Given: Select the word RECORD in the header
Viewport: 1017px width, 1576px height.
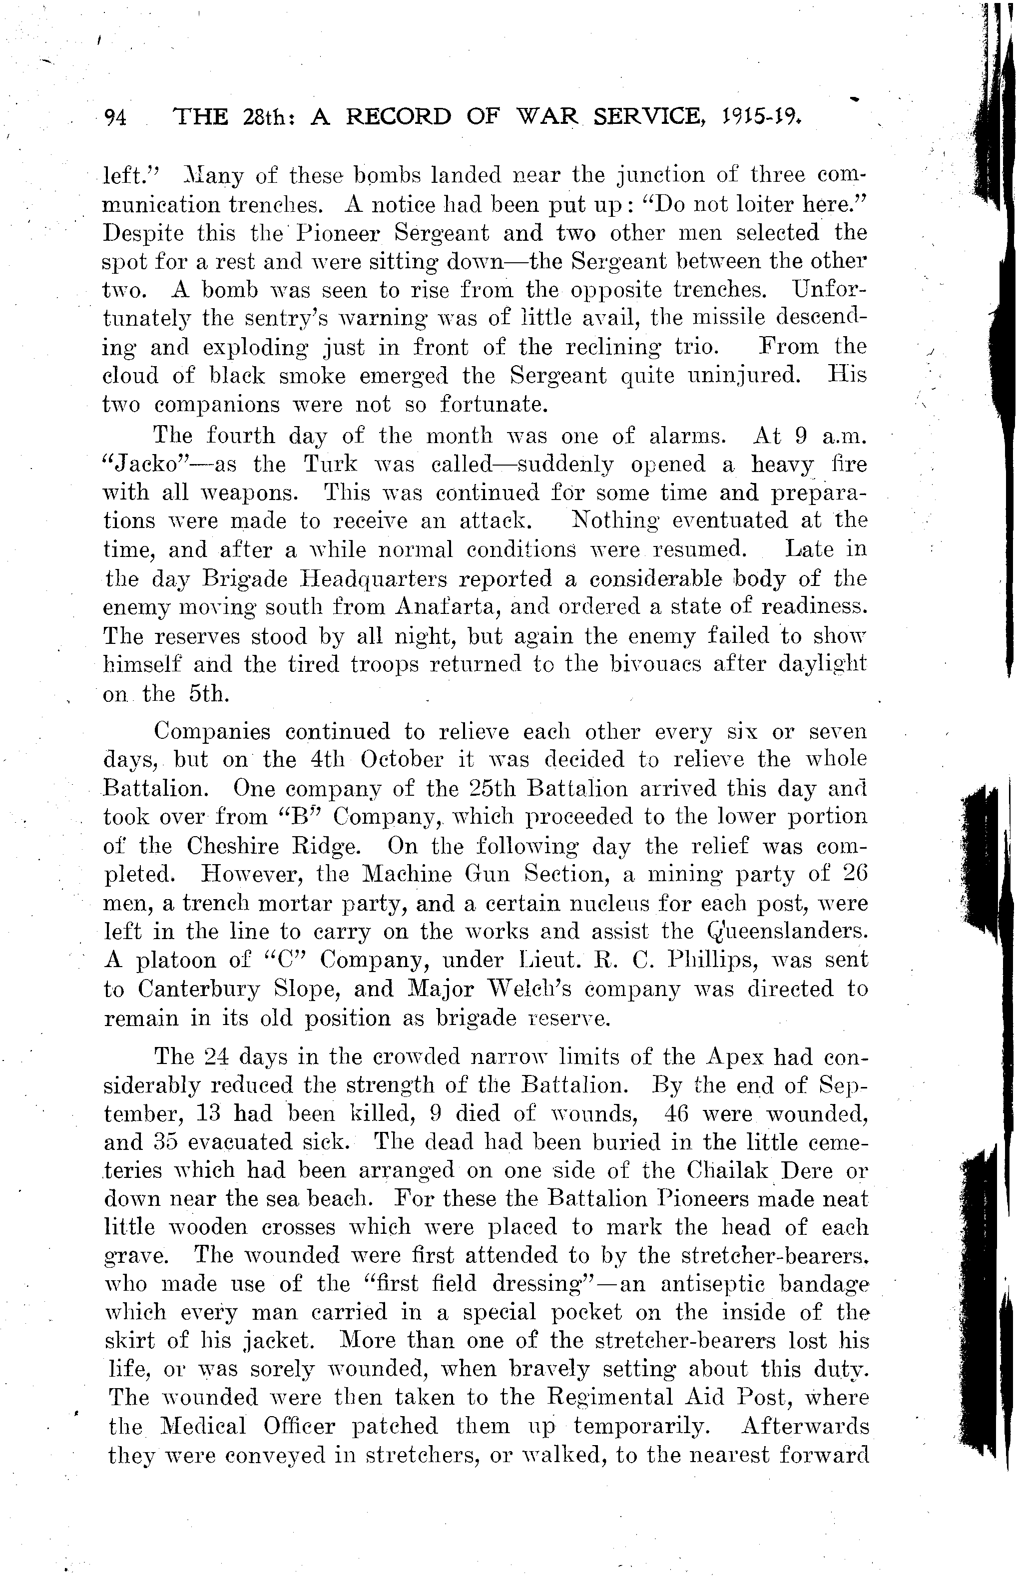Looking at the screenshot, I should tap(398, 117).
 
